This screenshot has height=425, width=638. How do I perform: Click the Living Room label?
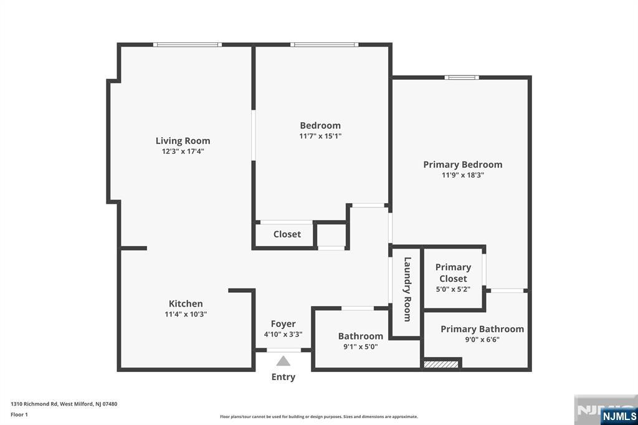point(183,141)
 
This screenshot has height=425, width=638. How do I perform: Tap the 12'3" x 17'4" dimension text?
point(183,151)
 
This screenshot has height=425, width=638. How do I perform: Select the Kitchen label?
point(186,303)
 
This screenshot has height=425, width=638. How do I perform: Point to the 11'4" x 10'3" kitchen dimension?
point(186,314)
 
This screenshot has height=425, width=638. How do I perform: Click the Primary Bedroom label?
point(463,165)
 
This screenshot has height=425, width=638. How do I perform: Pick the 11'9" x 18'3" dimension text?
point(463,175)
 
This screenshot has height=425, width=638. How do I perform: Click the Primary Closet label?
point(453,273)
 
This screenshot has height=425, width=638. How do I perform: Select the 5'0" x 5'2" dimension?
point(453,289)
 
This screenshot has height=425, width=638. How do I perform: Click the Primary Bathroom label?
point(482,329)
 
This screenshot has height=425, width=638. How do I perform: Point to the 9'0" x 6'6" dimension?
point(482,340)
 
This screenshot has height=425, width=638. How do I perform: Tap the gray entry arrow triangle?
point(283,361)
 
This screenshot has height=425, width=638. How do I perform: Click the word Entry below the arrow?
point(283,377)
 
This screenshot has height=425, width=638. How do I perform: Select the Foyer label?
point(283,324)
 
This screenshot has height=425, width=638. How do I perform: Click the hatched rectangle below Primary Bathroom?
point(441,364)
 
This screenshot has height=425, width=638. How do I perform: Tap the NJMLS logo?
point(619,416)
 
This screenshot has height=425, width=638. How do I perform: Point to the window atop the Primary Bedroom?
point(462,77)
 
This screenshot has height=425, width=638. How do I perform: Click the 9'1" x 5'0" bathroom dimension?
point(361,347)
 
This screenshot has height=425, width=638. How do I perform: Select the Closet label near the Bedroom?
point(287,234)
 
